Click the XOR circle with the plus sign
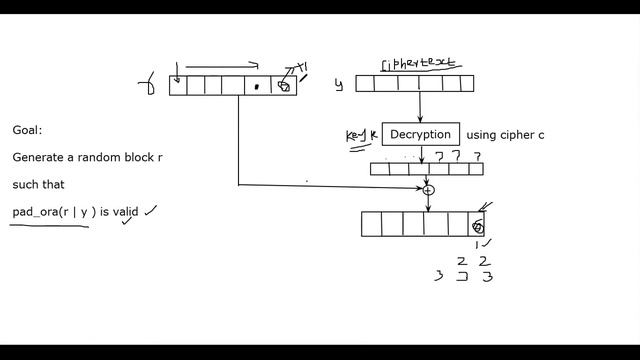click(428, 190)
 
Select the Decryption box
click(420, 135)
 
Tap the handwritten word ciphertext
click(417, 65)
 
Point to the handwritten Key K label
click(360, 136)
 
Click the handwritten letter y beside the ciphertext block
click(339, 85)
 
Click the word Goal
click(27, 130)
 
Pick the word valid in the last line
click(125, 212)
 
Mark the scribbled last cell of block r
click(284, 86)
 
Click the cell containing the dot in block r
click(257, 86)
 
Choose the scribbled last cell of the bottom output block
click(478, 225)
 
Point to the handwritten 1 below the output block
click(478, 244)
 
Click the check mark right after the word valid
click(150, 210)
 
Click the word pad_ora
click(34, 212)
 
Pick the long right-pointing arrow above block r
click(222, 68)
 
